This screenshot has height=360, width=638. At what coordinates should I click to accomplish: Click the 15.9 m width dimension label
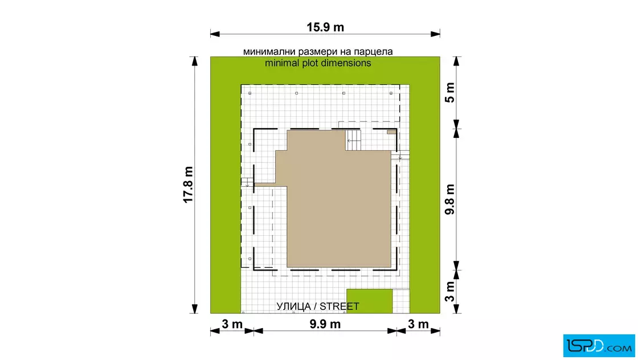coord(325,27)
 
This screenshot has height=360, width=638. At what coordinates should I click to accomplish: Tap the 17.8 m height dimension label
coord(188,185)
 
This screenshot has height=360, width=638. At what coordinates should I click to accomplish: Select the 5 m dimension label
coord(449,92)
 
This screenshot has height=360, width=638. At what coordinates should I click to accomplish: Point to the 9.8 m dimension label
coord(449,199)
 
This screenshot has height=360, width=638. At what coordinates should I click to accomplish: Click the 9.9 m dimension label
coord(325,324)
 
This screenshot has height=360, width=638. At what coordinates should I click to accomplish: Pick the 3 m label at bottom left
coord(232,324)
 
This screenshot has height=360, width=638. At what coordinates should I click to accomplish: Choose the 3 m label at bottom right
coord(418,324)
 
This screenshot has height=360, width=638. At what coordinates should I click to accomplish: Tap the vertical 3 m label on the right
coord(449,291)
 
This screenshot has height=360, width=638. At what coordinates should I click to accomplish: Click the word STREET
coord(340,306)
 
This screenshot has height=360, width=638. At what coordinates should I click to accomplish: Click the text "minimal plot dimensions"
coord(318,63)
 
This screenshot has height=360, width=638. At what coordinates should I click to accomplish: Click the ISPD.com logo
coord(599,346)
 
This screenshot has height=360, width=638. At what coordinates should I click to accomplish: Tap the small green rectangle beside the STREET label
coord(370,301)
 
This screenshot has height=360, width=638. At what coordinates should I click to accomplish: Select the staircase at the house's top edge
coord(353,140)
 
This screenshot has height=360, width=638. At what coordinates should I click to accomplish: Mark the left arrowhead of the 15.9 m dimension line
coord(215,34)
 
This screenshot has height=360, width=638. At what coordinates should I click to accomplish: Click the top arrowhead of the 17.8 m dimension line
coord(194,62)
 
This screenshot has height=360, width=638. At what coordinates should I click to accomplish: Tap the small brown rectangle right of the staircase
coord(391,132)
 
